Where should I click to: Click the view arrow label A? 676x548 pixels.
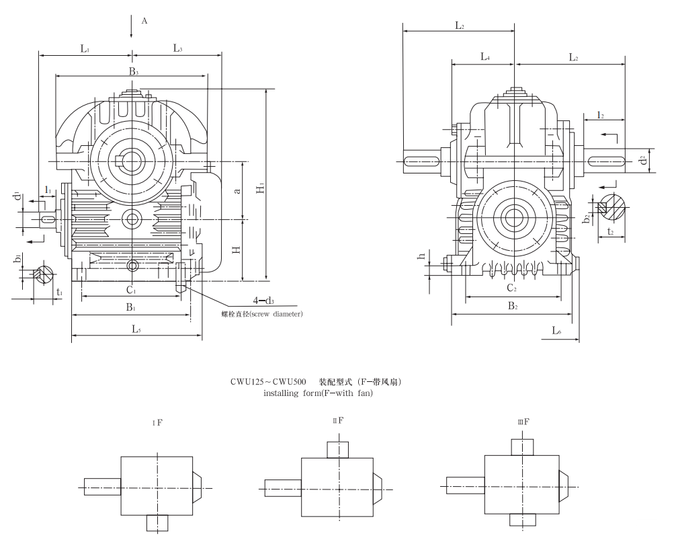[x=144, y=21]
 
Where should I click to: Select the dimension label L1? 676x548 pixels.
[x=85, y=48]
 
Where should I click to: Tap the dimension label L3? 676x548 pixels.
[x=178, y=48]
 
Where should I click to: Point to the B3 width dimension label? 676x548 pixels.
[x=134, y=71]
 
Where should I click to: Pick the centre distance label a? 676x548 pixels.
[x=236, y=191]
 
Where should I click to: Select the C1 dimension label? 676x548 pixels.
[x=132, y=291]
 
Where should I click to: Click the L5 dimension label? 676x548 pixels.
[x=136, y=329]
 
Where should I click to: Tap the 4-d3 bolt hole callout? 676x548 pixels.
[x=263, y=301]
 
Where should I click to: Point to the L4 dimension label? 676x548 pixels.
[x=484, y=58]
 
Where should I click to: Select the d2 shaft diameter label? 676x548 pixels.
[x=643, y=161]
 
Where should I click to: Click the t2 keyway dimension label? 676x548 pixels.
[x=610, y=231]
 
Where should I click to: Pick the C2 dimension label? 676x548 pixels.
[x=511, y=288]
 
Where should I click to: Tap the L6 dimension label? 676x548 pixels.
[x=556, y=330]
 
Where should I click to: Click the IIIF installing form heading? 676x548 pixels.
[x=523, y=422]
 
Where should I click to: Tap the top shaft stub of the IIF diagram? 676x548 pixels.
[x=337, y=449]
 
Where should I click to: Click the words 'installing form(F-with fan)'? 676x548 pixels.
[x=318, y=393]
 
